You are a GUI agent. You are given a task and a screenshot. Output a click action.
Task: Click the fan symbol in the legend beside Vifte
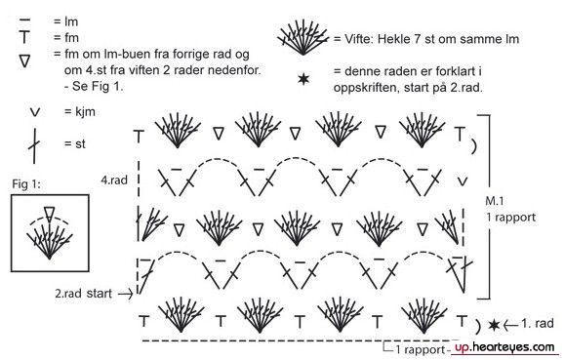[x=302, y=38]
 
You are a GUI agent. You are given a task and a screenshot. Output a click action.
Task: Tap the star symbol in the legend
[x=303, y=79]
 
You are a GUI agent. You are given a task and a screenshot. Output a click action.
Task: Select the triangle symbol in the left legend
[x=24, y=61]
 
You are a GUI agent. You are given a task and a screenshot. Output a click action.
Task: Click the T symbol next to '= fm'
[x=24, y=37]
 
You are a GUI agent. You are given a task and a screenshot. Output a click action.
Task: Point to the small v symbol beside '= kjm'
[x=34, y=112]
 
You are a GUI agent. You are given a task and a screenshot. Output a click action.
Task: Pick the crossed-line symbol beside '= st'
[x=34, y=145]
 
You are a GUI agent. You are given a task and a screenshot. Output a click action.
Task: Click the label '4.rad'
[x=114, y=180]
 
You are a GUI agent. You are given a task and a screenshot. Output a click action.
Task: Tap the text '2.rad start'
[x=84, y=293]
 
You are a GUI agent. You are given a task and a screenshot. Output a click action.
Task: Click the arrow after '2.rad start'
[x=126, y=294]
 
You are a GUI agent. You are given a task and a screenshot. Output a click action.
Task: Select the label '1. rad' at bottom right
[x=538, y=323]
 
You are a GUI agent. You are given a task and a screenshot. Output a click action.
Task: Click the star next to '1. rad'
[x=494, y=325]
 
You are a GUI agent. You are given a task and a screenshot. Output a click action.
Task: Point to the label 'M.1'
[x=495, y=201]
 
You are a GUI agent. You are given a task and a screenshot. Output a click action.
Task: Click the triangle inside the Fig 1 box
[x=49, y=214]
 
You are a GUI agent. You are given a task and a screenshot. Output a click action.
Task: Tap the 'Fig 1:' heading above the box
[x=26, y=183]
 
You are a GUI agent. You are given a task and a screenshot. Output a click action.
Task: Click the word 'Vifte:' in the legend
[x=358, y=38]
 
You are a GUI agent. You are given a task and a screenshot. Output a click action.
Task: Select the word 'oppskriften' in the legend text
[x=365, y=88]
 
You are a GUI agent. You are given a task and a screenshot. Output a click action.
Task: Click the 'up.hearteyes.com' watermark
[x=504, y=347]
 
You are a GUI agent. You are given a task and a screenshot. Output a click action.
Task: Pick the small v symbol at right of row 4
[x=463, y=180]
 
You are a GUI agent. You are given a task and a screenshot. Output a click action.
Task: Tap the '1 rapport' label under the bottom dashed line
[x=421, y=349]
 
